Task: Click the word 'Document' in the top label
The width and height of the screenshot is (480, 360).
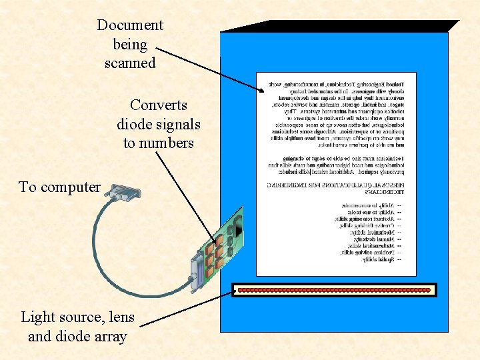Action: click(129, 25)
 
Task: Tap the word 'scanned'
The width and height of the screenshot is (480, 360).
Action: click(130, 63)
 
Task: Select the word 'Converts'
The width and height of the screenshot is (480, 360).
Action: click(159, 105)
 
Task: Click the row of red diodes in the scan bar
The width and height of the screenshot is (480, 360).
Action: click(334, 290)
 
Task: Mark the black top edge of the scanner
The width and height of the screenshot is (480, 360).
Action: click(340, 26)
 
